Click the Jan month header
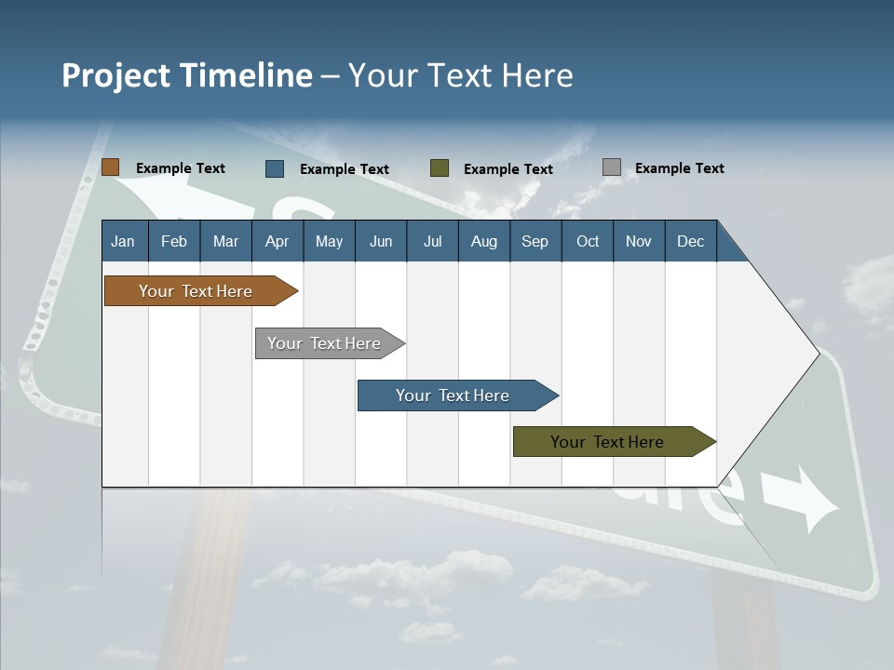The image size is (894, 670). (123, 241)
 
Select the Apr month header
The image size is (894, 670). (277, 241)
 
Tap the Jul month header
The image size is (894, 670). (432, 241)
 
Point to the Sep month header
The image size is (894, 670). (535, 241)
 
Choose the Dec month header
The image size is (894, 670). (690, 241)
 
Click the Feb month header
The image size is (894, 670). (174, 241)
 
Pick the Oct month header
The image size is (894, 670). (588, 241)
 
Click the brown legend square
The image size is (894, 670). (110, 167)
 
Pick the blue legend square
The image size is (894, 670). (275, 168)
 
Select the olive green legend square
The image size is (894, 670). (440, 167)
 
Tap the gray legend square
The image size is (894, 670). (612, 167)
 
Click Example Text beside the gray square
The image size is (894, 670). (679, 168)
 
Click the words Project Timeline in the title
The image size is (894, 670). (186, 74)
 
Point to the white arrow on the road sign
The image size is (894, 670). (801, 500)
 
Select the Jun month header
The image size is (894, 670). (381, 241)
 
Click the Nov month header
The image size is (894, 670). (639, 241)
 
